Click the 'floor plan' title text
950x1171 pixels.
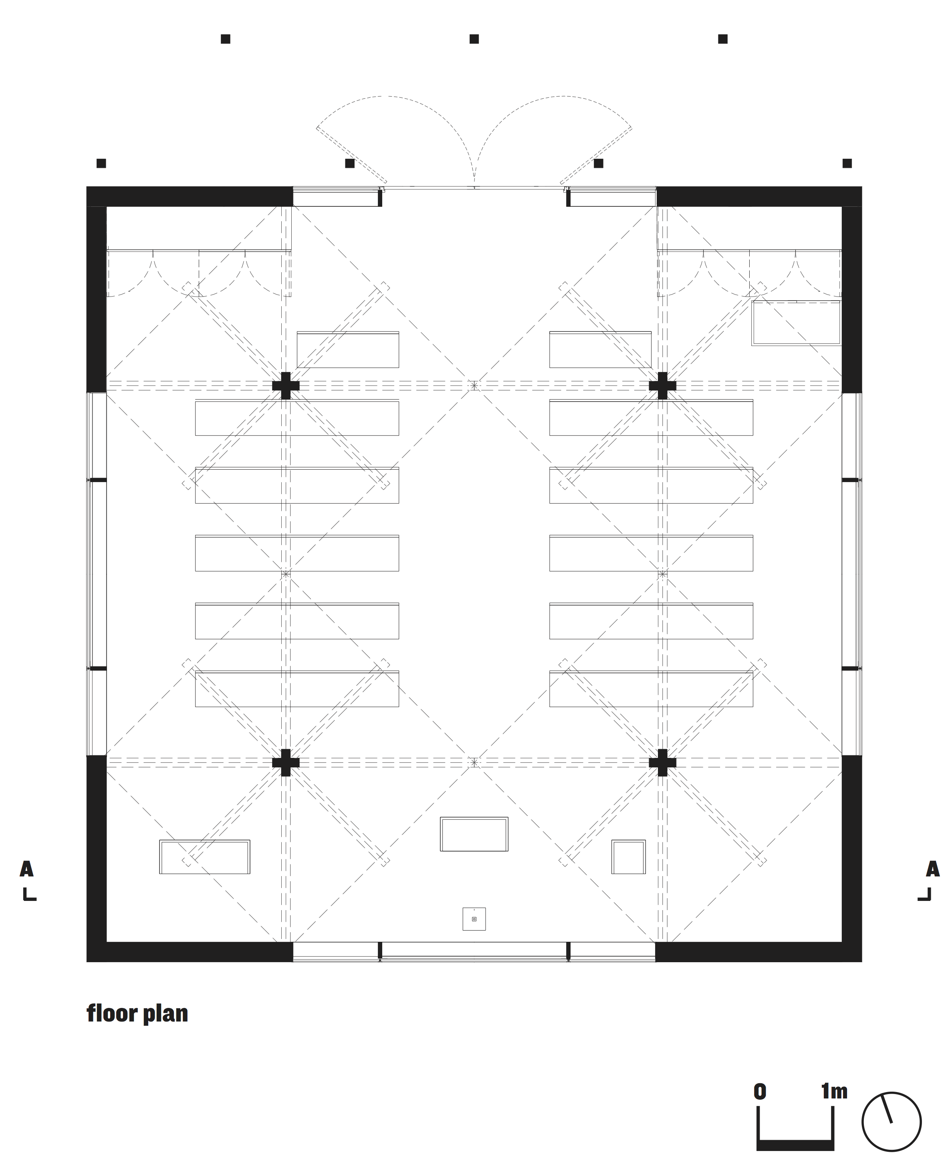coord(137,1014)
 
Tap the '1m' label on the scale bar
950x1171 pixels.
coord(834,1092)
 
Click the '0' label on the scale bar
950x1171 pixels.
coord(760,1092)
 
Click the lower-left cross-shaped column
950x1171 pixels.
coord(286,762)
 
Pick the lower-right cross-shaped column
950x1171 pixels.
coord(662,762)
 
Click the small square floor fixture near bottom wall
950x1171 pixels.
coord(474,919)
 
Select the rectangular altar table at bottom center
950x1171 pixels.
coord(474,834)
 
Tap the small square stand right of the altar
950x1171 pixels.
coord(628,857)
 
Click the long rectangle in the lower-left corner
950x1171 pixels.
coord(205,857)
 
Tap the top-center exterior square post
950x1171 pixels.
coord(474,39)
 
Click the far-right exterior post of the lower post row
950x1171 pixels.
coord(847,163)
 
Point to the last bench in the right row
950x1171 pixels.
coord(651,688)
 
